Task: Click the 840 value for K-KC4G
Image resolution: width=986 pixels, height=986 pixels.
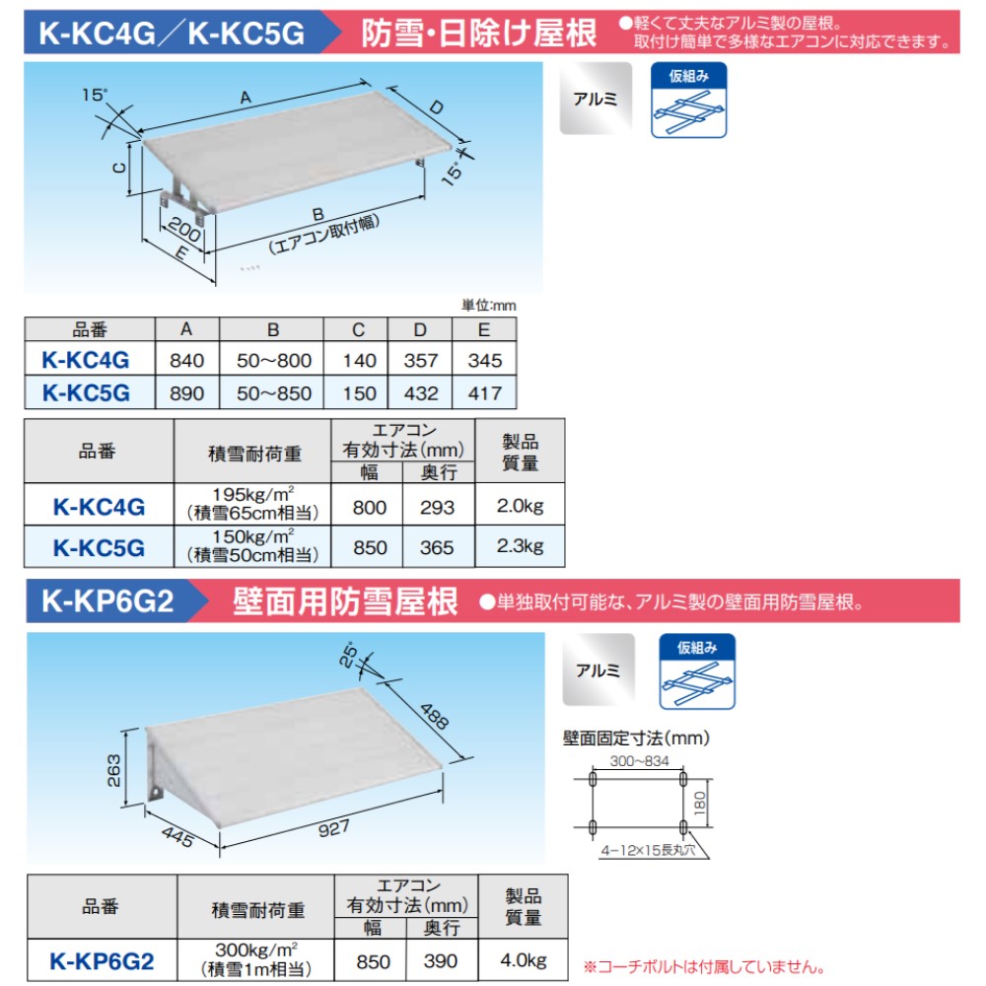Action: (x=186, y=360)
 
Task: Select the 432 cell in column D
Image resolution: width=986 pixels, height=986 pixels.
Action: (x=421, y=392)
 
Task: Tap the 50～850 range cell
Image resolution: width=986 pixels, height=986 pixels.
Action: (x=273, y=392)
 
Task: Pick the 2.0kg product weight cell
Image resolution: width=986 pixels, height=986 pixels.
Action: (x=520, y=507)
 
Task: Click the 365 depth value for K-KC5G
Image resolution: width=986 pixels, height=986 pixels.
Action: (x=437, y=547)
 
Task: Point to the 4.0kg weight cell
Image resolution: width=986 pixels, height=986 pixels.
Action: (x=523, y=959)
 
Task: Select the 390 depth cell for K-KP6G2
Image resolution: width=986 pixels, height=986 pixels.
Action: (x=437, y=960)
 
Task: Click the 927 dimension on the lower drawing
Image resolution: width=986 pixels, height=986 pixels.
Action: (x=335, y=828)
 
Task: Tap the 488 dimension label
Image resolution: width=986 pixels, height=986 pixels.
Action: (x=434, y=715)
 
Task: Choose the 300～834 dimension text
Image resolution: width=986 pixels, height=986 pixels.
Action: (x=637, y=761)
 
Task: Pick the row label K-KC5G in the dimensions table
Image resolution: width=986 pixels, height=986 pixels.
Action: (x=87, y=392)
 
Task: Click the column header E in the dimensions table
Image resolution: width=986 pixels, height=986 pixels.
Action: (x=483, y=329)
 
